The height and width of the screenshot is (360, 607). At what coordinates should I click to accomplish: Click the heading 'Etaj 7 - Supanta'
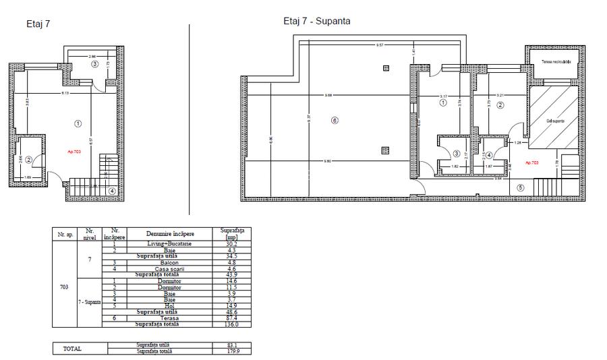[316, 21]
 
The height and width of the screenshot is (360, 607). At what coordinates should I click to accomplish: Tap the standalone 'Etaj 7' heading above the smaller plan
[38, 24]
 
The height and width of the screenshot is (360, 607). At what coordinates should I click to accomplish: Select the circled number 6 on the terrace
[333, 121]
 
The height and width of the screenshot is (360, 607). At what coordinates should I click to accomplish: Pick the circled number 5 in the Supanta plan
[520, 188]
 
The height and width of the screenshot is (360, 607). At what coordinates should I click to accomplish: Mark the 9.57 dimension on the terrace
[380, 45]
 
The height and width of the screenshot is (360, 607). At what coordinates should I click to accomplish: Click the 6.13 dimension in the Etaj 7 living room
[65, 92]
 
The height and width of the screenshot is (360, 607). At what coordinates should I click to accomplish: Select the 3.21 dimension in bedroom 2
[500, 96]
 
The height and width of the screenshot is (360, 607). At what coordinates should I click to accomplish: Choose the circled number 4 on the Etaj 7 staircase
[112, 191]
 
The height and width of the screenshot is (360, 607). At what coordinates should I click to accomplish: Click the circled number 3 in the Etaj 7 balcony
[95, 64]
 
